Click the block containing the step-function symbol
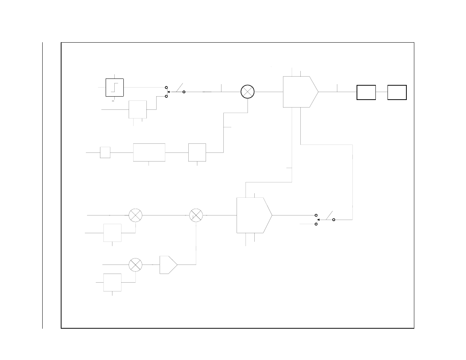(115, 87)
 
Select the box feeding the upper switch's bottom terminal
(138, 109)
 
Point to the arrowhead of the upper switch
(168, 92)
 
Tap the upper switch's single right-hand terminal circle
(184, 92)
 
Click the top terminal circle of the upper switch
(166, 87)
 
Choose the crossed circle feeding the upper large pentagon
(248, 92)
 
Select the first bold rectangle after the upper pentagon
(366, 92)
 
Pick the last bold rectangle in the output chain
(397, 92)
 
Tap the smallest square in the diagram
(105, 152)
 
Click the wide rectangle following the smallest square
(149, 152)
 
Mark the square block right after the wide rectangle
(197, 152)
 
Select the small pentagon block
(168, 265)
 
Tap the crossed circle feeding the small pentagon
(135, 265)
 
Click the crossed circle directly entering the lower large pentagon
(196, 215)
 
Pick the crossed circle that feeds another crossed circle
(135, 215)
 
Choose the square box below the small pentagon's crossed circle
(112, 282)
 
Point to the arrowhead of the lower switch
(318, 219)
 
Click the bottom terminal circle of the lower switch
(316, 224)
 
